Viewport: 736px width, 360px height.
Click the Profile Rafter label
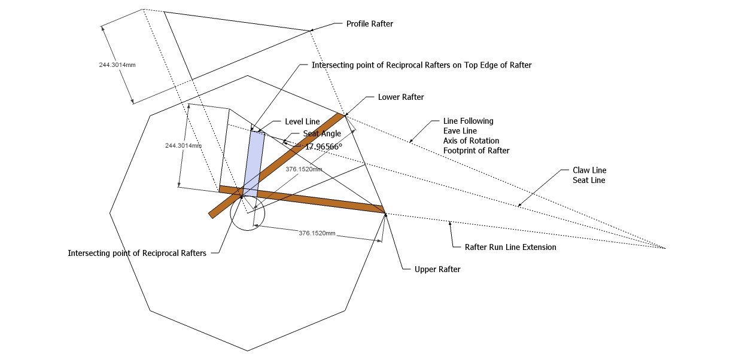369,24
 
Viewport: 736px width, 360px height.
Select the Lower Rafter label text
401,97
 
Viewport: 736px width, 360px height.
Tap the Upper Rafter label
437,270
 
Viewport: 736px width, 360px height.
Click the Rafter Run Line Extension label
510,247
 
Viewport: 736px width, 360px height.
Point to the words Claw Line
574,170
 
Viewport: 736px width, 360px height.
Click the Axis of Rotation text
471,141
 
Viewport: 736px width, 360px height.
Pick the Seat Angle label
322,134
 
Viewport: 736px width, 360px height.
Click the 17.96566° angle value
323,146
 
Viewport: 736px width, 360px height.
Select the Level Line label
302,121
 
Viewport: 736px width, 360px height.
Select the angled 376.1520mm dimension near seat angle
303,169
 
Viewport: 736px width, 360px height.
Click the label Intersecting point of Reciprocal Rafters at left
137,253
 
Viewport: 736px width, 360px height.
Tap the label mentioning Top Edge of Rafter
421,65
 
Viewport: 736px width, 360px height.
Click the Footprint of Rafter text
476,151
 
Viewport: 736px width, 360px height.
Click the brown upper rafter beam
311,199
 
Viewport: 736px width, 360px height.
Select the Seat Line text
573,180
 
